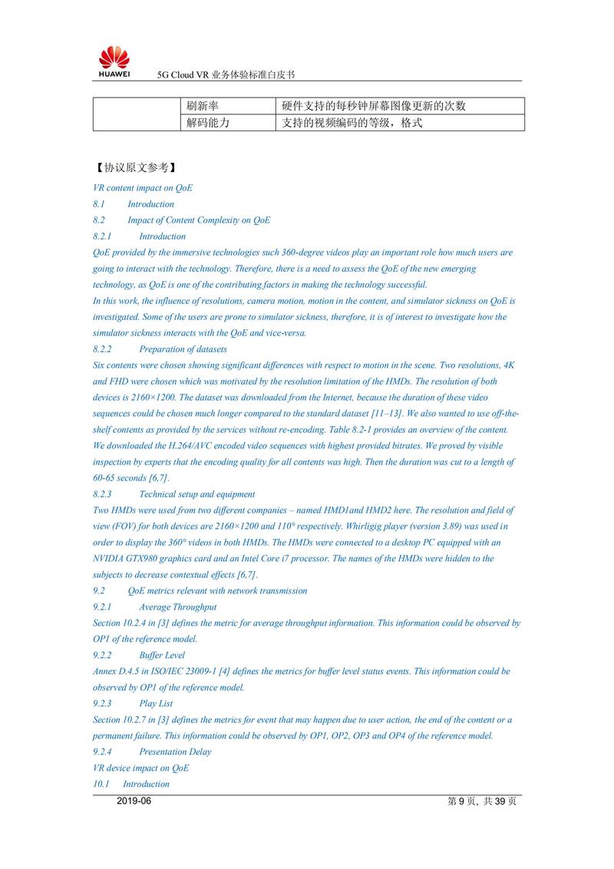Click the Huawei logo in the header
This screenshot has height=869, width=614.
114,61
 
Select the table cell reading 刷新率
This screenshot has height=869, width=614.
203,106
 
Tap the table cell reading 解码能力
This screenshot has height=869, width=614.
207,123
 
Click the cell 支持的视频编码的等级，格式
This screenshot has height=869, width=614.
352,123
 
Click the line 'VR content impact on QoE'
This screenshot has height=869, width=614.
143,188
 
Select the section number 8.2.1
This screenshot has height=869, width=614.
102,236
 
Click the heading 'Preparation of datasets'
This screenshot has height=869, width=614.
183,349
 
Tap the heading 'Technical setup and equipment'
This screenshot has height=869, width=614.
196,494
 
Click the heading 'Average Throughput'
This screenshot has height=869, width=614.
177,607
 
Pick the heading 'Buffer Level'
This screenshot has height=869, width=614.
162,656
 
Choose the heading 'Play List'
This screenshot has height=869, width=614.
156,704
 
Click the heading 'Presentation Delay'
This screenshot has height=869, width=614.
175,752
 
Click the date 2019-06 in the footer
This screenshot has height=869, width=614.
134,801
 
